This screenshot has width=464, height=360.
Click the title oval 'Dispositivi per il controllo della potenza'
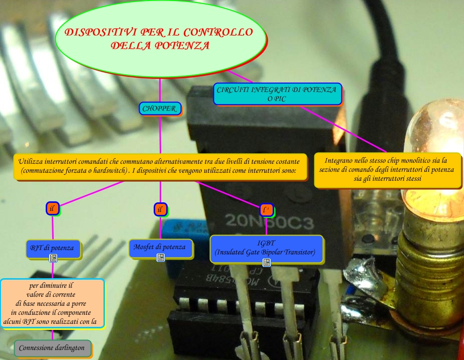point(159,39)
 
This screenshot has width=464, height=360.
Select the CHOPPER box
point(160,108)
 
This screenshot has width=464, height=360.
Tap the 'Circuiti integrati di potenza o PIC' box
point(277,94)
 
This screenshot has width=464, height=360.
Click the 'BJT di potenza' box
point(52,248)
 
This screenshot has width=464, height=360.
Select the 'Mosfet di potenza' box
point(161,247)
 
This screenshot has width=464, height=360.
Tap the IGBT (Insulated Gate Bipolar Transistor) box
point(266,248)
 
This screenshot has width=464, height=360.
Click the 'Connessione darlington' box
point(52,347)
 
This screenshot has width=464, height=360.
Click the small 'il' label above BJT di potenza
point(52,208)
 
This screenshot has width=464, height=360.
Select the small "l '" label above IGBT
point(266,209)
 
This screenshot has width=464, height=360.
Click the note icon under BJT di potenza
point(53,258)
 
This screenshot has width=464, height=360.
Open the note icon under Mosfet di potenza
point(161,258)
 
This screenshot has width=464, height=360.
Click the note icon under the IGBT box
point(267,263)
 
